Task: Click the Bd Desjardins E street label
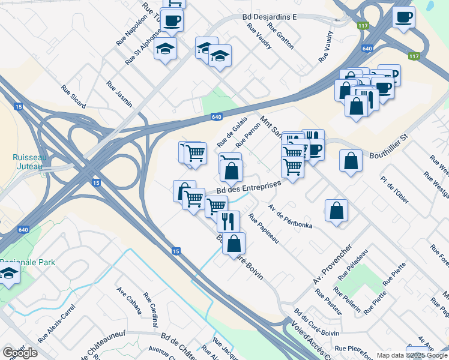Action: point(270,17)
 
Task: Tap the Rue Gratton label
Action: point(282,37)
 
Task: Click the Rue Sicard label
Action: point(73,97)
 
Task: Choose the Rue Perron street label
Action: point(247,136)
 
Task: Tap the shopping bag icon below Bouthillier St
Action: point(351,161)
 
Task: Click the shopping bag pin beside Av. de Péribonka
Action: point(337,211)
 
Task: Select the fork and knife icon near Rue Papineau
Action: point(228,221)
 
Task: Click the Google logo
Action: point(20,352)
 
